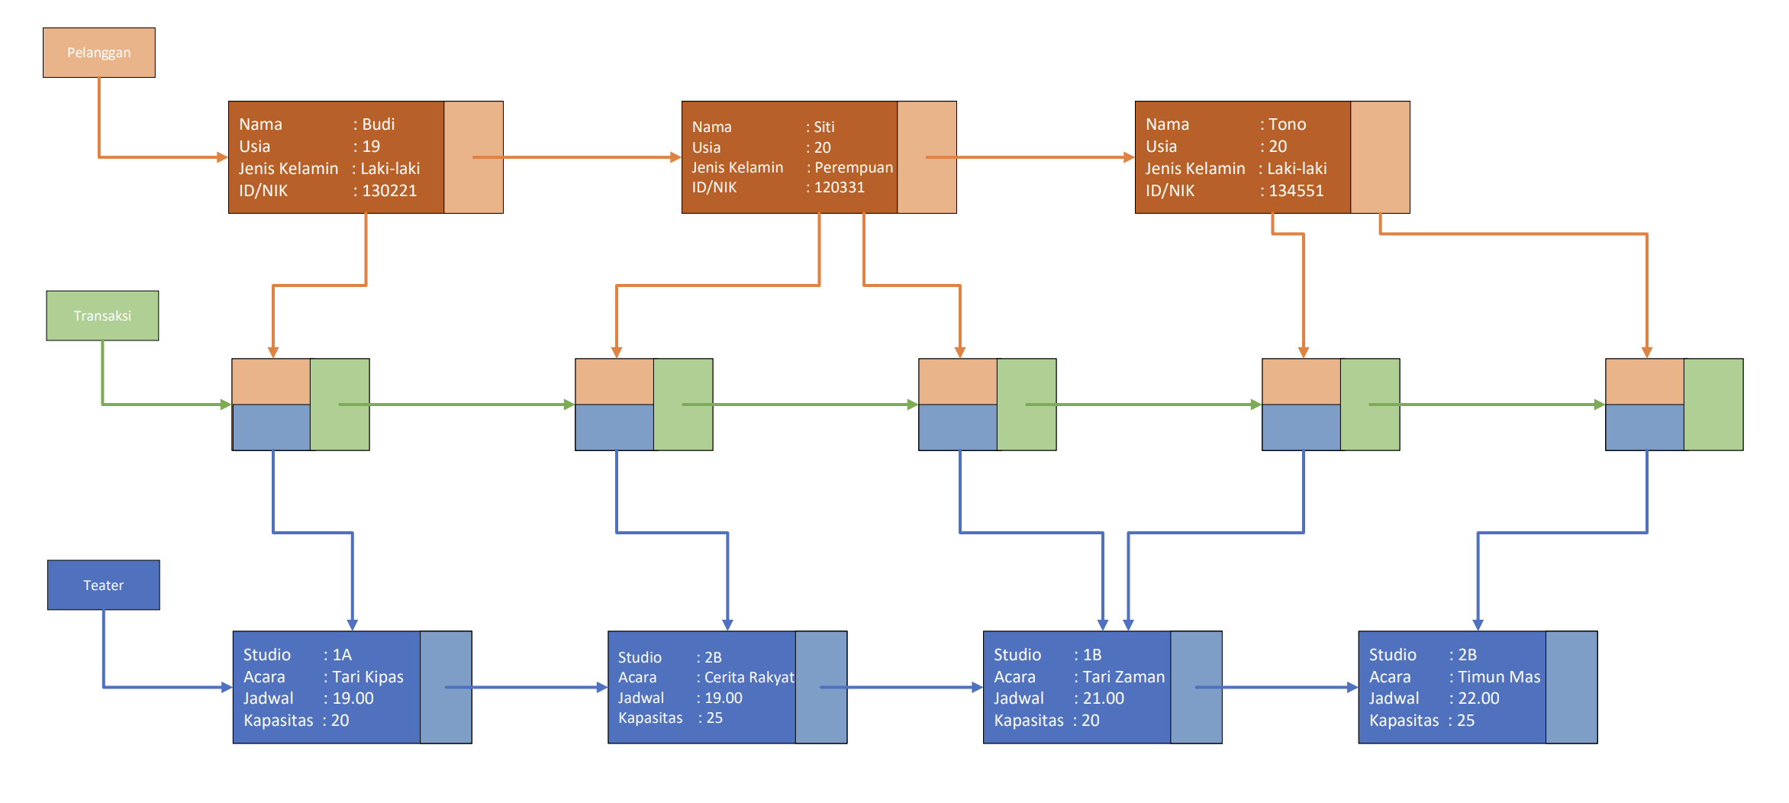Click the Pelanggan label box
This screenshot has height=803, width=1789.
[99, 53]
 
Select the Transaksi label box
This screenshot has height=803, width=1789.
[102, 315]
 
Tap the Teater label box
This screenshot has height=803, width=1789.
[103, 585]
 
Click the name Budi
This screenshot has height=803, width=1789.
[378, 124]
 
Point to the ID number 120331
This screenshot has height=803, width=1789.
[839, 187]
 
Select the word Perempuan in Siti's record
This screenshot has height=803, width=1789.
[853, 167]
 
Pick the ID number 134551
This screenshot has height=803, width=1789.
[1296, 190]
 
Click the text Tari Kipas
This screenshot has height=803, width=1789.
[367, 676]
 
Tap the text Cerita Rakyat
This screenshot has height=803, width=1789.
[749, 677]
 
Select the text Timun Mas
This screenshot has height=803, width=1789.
[1499, 676]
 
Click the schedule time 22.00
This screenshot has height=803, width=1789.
[1478, 698]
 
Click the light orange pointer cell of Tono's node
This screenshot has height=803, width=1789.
[1380, 157]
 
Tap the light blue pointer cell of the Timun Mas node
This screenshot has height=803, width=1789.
[1571, 687]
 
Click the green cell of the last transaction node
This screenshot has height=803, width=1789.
[1713, 405]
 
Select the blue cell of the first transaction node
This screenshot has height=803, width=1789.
[271, 427]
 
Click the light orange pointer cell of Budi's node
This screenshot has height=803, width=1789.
[473, 157]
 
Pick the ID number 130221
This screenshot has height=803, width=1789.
[389, 190]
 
